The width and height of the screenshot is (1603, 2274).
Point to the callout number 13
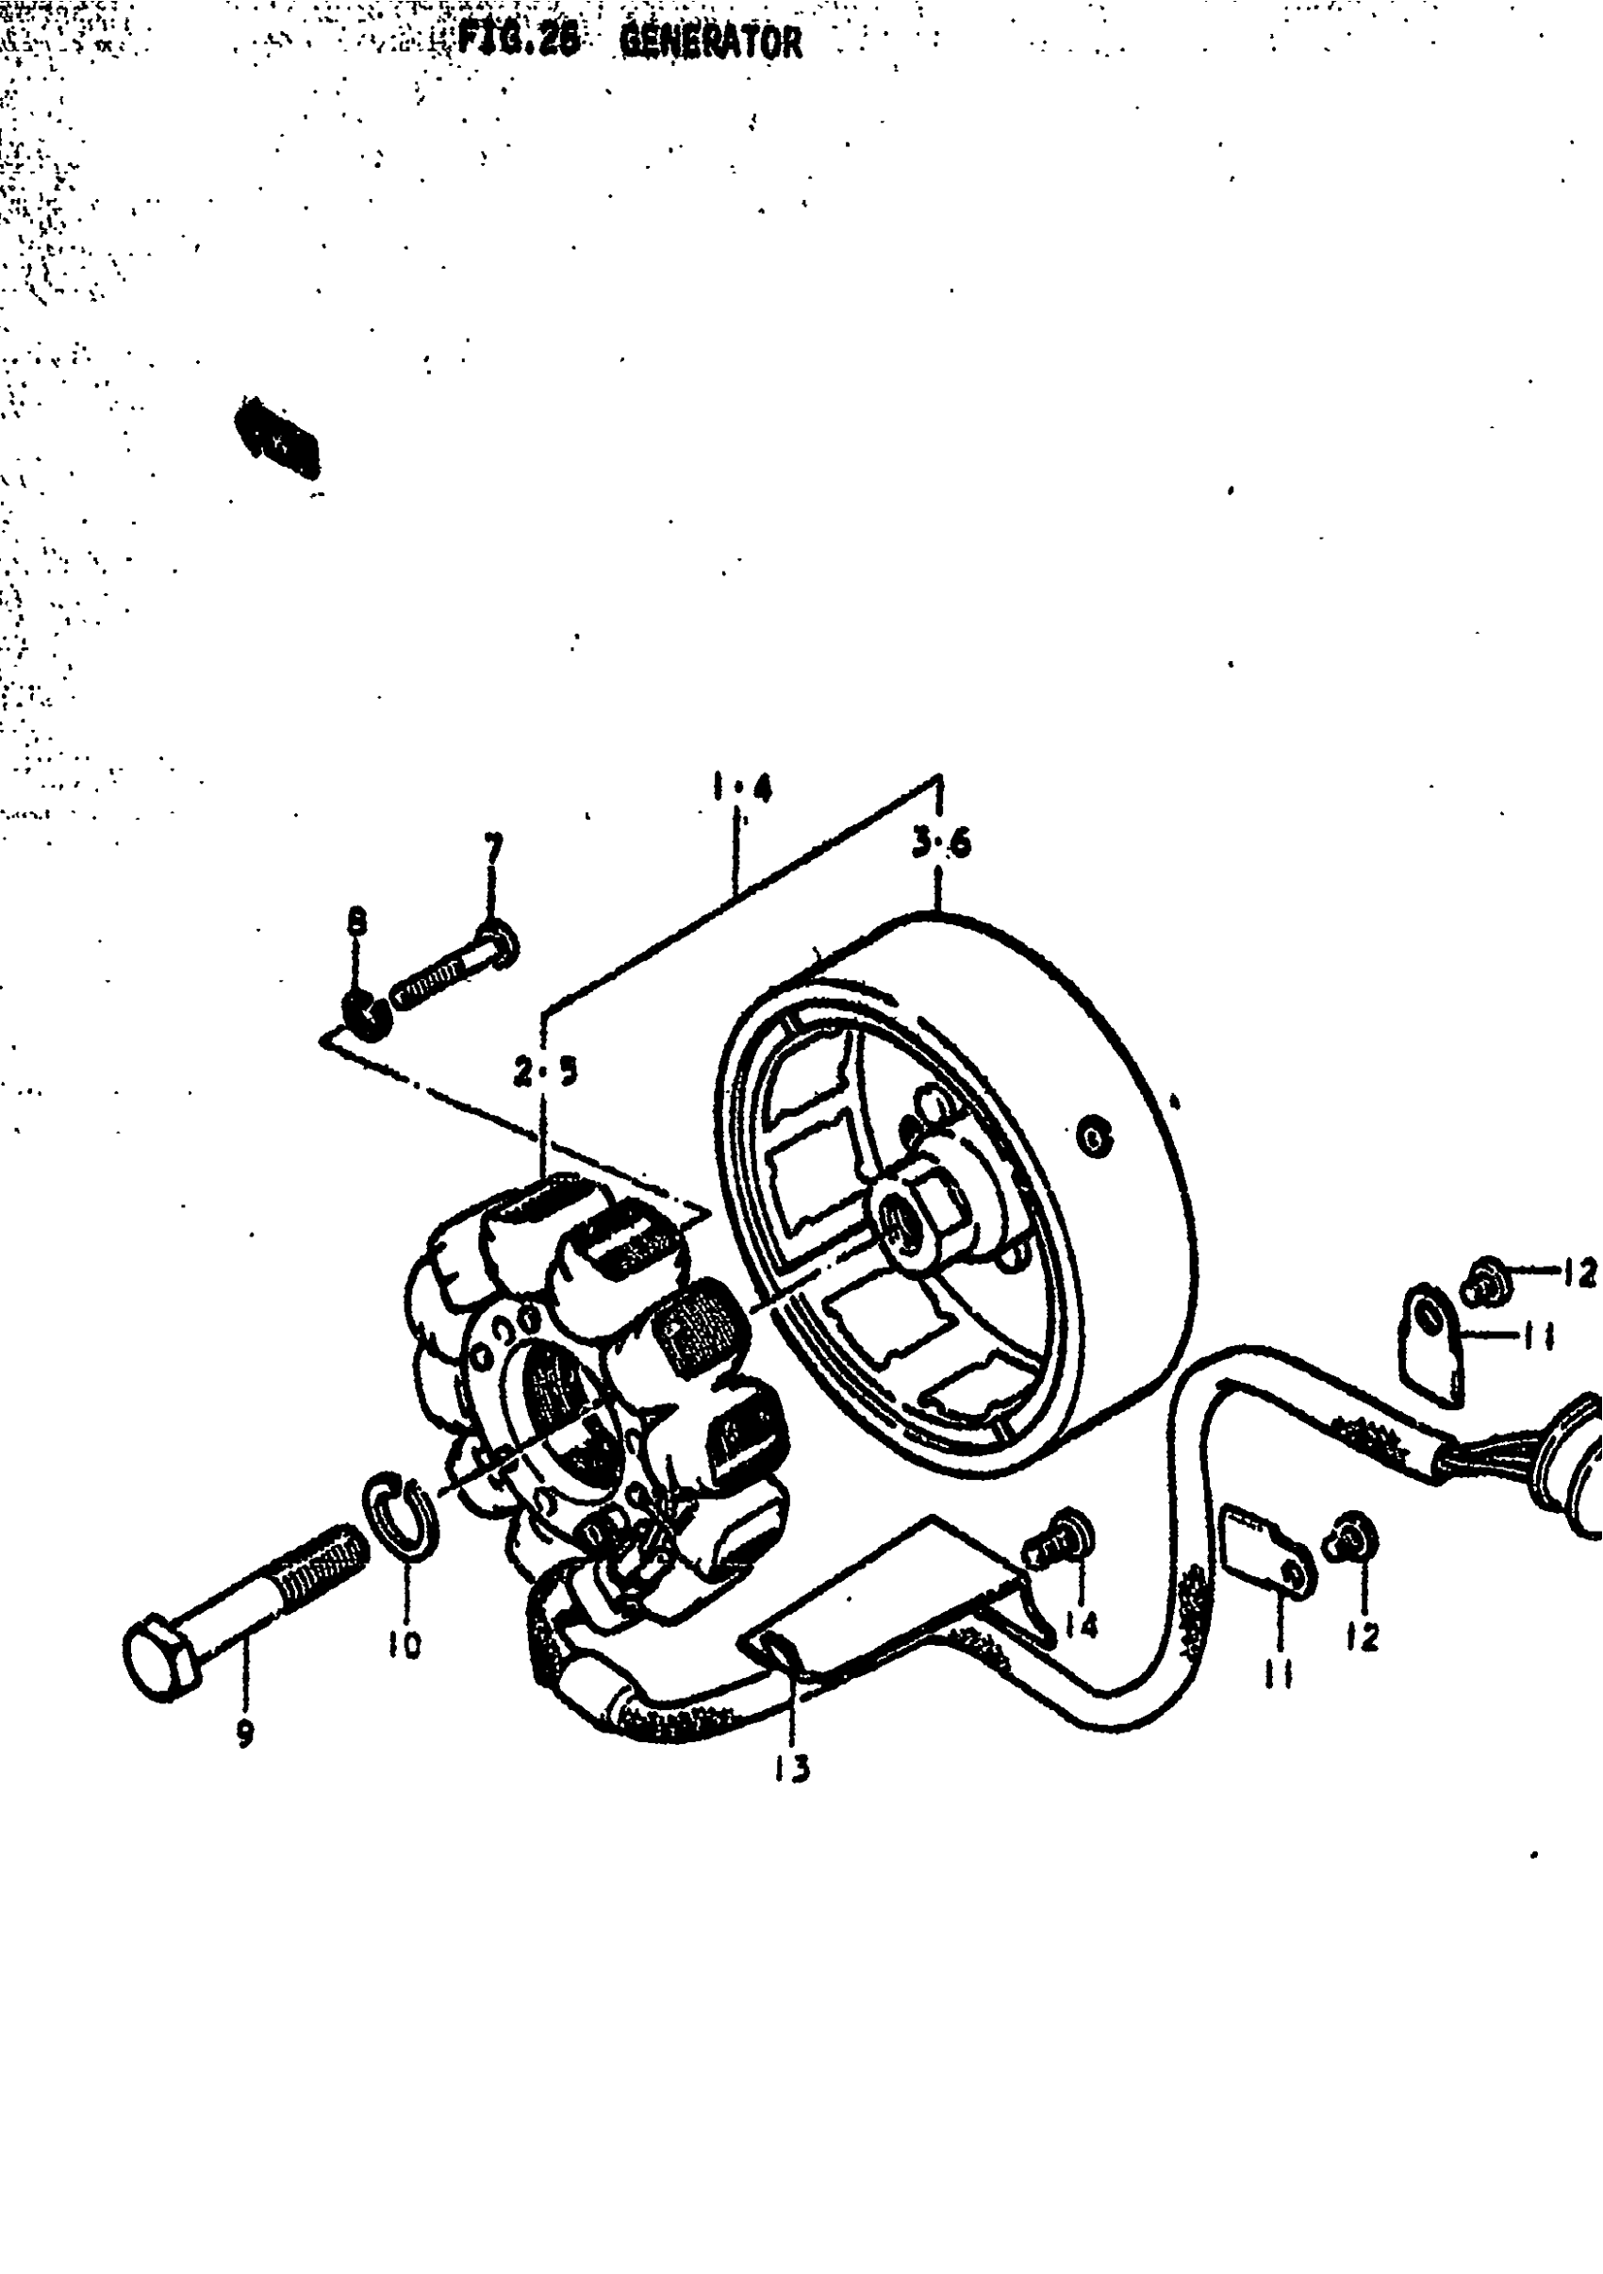[793, 1767]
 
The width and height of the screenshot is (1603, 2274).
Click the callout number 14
[1082, 1624]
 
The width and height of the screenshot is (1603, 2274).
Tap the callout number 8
[356, 923]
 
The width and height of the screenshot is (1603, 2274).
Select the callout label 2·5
[545, 1071]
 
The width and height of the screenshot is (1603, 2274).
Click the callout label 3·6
[942, 844]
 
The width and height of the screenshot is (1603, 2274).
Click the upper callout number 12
[1580, 1272]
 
